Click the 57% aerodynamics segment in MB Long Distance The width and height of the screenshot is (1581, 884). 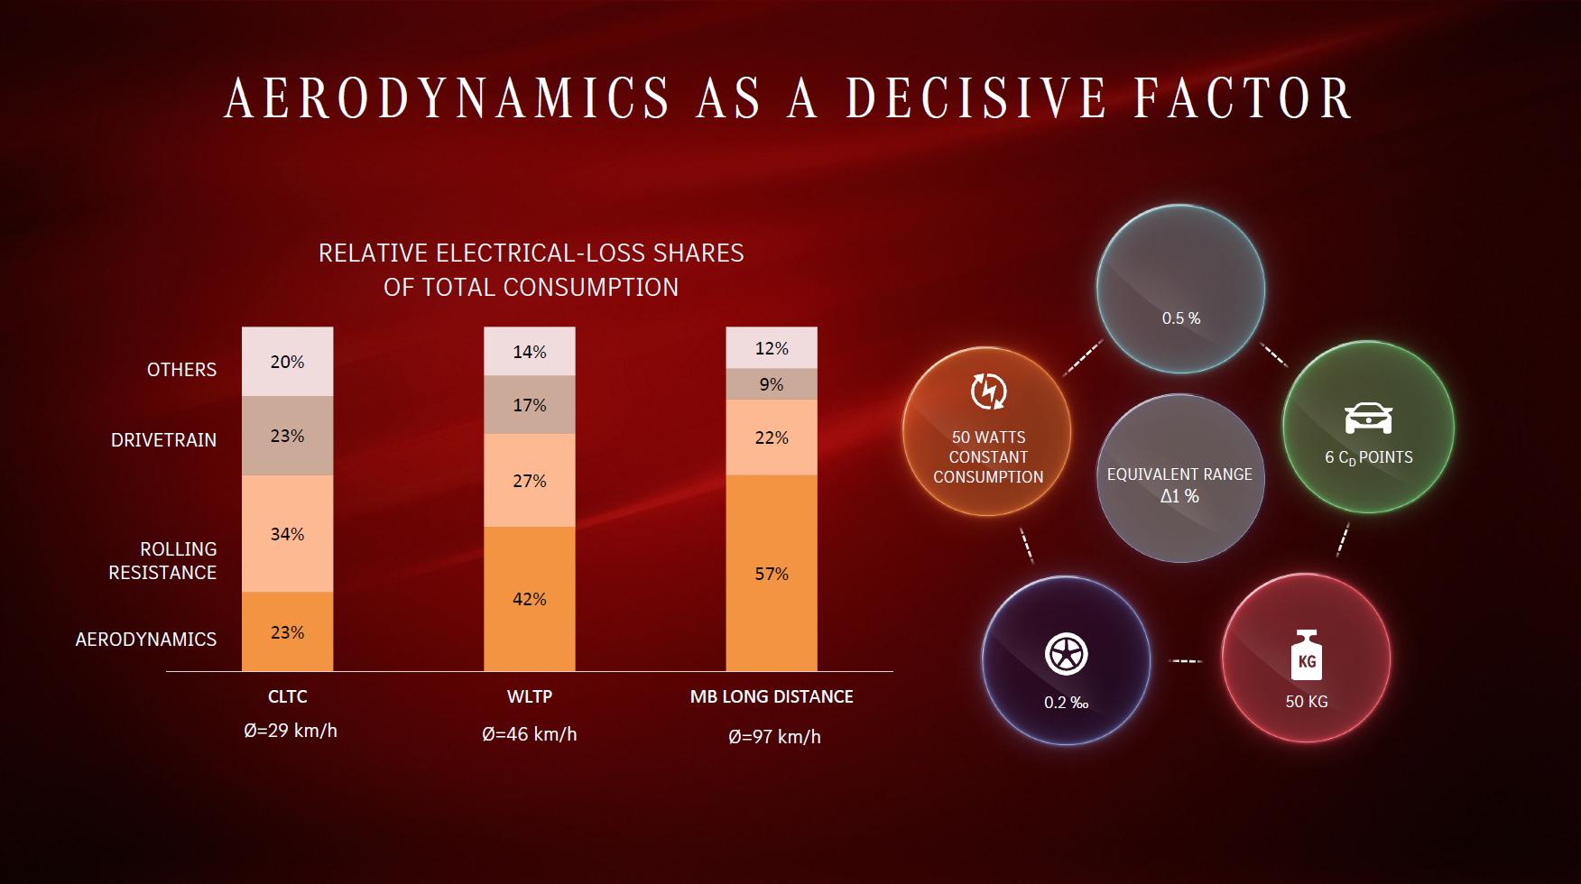pos(772,574)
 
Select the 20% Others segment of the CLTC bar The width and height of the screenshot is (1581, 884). pos(287,362)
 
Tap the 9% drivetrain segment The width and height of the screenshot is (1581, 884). pos(772,384)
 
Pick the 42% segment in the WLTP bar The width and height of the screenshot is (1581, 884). pos(529,599)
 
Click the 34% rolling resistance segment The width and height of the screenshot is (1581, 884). pos(287,534)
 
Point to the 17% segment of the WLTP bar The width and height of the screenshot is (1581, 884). pos(529,405)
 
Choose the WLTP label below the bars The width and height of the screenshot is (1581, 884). pos(530,696)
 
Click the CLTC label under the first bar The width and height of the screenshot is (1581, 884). pos(288,696)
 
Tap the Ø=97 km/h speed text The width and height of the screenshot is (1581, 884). pos(774,737)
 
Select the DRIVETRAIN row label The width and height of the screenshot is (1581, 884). pos(163,440)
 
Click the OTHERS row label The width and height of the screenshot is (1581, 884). pos(181,370)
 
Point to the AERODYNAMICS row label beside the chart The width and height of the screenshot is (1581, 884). pos(146,640)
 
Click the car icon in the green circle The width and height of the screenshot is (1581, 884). pos(1368,418)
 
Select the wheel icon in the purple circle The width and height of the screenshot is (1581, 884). pos(1066,654)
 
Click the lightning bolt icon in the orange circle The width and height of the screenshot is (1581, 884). pos(988,391)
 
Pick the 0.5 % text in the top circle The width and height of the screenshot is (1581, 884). pos(1180,318)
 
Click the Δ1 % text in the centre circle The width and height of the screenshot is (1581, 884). pos(1179,496)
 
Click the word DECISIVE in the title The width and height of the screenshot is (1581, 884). pos(975,98)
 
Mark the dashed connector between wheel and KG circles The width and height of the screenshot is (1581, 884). pos(1186,661)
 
